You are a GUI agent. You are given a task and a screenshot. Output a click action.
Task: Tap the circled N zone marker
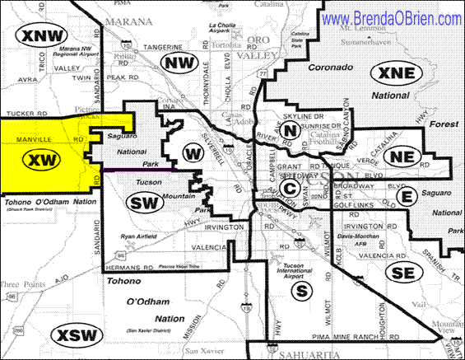(289, 129)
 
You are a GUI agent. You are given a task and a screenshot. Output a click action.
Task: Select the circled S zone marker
(302, 290)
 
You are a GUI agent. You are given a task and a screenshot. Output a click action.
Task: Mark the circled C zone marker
(289, 187)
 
